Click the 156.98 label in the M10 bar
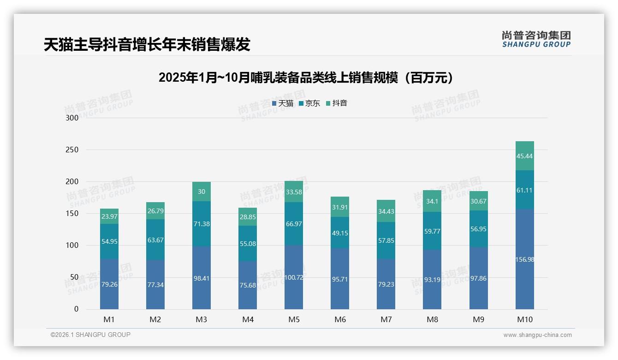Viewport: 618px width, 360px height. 524,259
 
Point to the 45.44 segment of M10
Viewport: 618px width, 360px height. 524,156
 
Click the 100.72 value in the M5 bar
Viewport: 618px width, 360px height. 294,277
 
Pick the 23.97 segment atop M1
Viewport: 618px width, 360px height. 109,216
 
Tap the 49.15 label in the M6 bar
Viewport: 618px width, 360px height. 340,233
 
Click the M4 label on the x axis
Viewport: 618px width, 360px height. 248,319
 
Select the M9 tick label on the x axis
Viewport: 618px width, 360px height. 478,319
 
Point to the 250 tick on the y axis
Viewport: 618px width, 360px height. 72,150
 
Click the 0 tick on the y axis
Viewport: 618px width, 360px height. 76,309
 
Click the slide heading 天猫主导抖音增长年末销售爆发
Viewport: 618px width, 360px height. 147,44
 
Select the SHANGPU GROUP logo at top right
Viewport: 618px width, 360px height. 536,39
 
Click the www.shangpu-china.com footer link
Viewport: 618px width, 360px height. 537,335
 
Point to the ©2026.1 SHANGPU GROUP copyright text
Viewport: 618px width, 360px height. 90,335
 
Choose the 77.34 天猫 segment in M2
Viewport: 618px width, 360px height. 155,284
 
